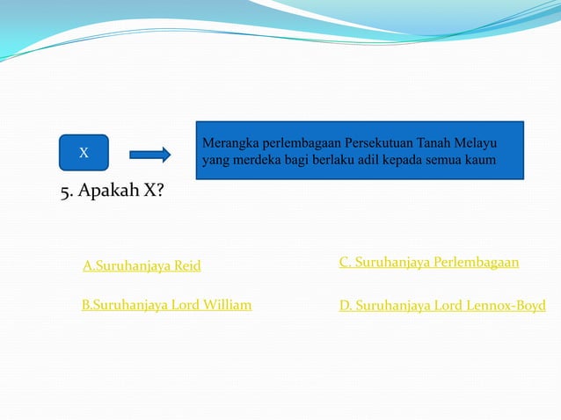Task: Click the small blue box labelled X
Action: pyautogui.click(x=84, y=153)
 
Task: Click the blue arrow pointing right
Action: pyautogui.click(x=149, y=155)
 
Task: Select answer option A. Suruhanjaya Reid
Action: pyautogui.click(x=142, y=265)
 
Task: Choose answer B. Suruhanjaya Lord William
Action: pyautogui.click(x=166, y=305)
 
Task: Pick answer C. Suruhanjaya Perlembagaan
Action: pyautogui.click(x=428, y=262)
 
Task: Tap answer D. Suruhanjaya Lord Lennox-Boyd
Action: pyautogui.click(x=441, y=306)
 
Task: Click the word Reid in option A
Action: pyautogui.click(x=186, y=265)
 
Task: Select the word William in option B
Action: pyautogui.click(x=227, y=305)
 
